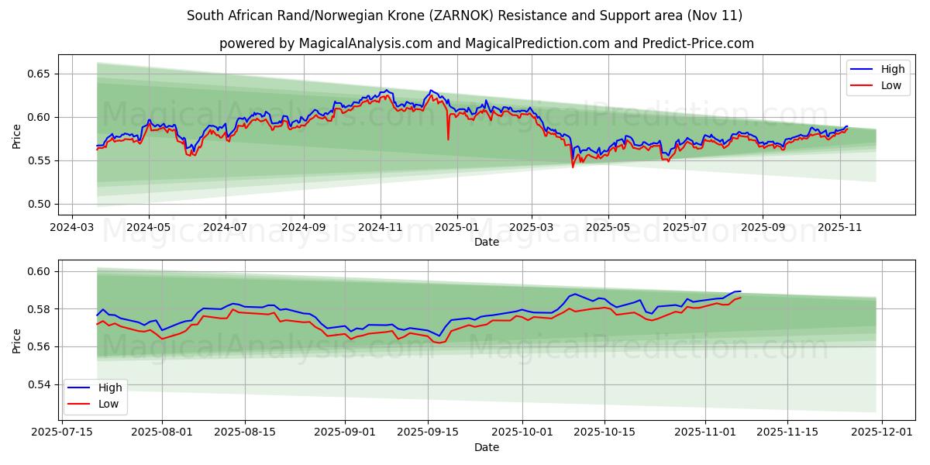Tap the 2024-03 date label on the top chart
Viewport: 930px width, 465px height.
coord(72,228)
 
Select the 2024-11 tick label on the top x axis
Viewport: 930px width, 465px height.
coord(380,228)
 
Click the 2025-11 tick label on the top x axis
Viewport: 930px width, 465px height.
coord(840,228)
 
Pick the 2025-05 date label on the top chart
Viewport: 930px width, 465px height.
coord(608,228)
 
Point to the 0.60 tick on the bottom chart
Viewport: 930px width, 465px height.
coord(40,271)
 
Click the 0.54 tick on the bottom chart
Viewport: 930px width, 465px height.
coord(40,384)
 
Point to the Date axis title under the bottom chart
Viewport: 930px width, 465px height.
coord(487,447)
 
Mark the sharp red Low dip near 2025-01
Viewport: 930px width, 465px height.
coord(448,139)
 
